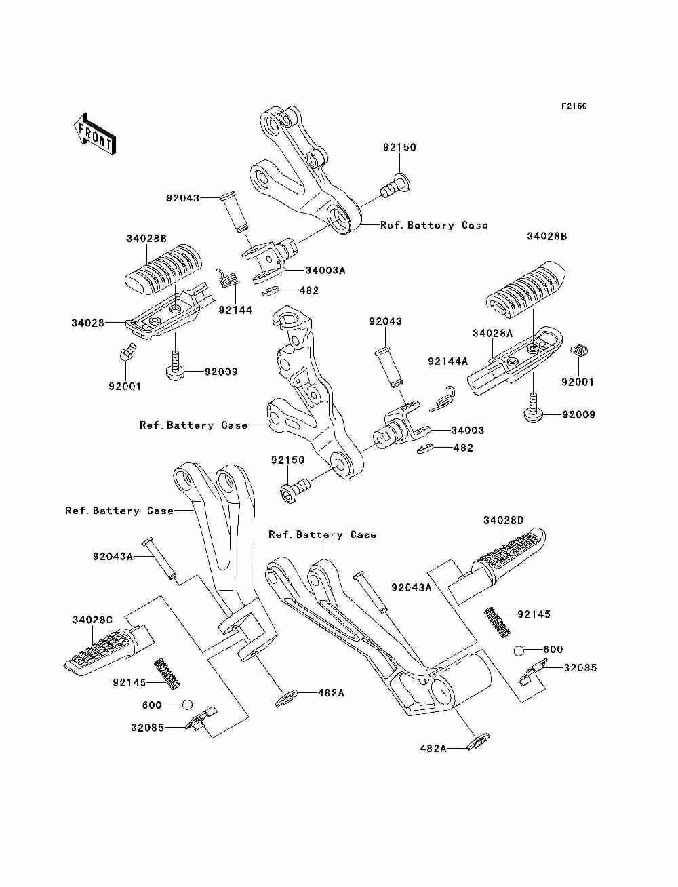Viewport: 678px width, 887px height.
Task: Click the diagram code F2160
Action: tap(573, 106)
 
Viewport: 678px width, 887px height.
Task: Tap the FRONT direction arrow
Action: tap(94, 134)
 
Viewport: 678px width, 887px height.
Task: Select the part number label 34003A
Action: tap(325, 270)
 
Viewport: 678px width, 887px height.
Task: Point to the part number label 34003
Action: tap(468, 430)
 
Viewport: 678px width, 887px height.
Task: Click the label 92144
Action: tap(235, 310)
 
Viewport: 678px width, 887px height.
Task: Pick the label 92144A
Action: tap(447, 361)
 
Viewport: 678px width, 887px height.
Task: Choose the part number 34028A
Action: tap(492, 333)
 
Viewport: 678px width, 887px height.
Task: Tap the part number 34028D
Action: tap(504, 520)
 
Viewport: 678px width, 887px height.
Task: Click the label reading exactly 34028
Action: tap(88, 323)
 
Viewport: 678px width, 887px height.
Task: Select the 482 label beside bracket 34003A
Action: tap(308, 290)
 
